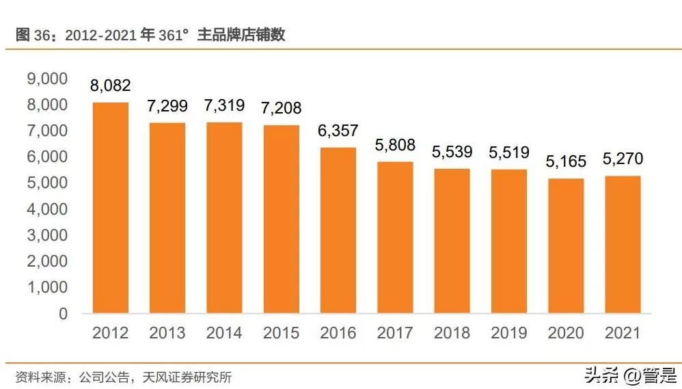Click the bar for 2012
(111, 208)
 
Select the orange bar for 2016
(338, 230)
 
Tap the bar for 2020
(566, 246)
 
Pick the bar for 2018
(452, 241)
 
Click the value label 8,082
(111, 85)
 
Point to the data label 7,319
(224, 106)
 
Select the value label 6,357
(338, 131)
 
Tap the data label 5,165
(566, 162)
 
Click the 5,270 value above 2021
(623, 159)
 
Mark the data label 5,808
(395, 145)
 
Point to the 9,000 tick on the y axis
(47, 79)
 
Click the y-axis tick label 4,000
(47, 209)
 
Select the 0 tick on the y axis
(63, 314)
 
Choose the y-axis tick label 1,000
(47, 288)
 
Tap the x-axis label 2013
(167, 333)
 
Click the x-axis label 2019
(508, 333)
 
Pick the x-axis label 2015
(281, 333)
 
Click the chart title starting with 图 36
(150, 35)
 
